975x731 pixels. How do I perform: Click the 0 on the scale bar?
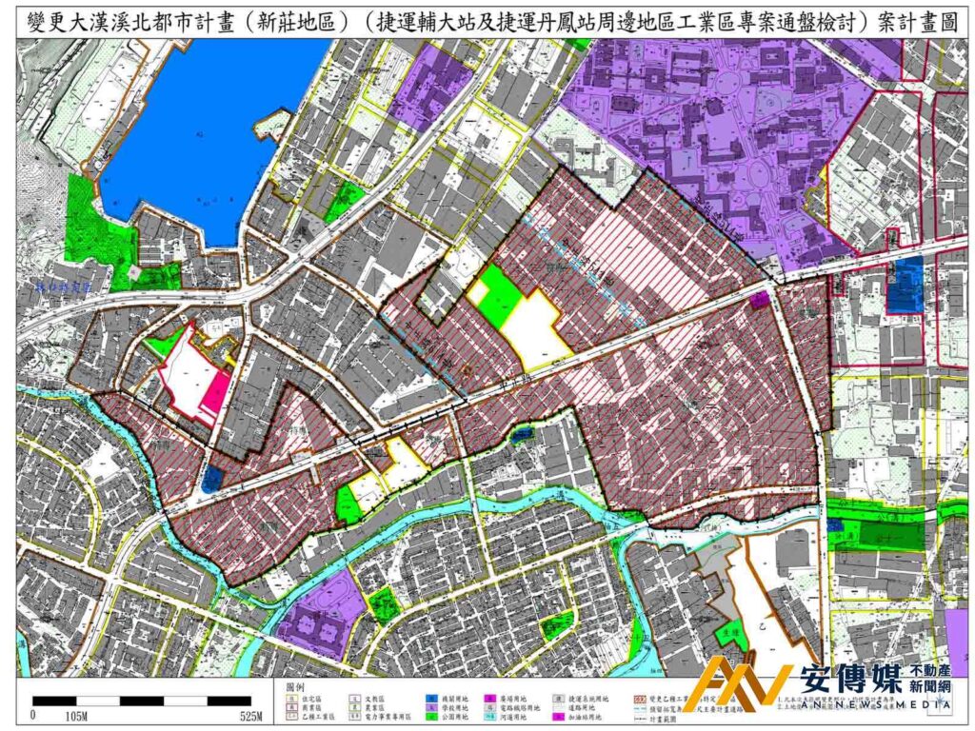click(35, 714)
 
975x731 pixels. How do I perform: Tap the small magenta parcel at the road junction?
click(759, 301)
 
